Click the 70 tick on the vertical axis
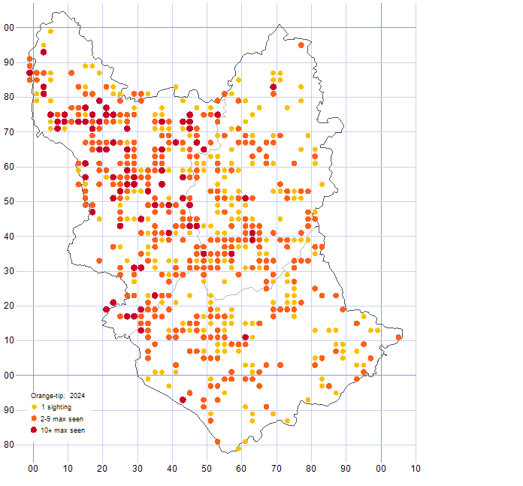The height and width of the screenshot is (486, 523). [10, 132]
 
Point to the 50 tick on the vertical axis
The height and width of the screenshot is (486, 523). [10, 201]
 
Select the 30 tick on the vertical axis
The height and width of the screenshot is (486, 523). [10, 271]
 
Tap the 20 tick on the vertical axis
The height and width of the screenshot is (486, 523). [10, 306]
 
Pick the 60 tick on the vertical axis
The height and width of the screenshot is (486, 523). [10, 167]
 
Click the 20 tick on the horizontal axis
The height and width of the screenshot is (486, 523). [102, 469]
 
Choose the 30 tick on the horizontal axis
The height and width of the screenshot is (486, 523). [137, 469]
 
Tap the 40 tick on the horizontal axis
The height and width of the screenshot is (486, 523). [172, 469]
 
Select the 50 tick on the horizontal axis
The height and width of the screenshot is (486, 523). [207, 469]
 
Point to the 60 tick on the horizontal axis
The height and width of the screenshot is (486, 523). [241, 469]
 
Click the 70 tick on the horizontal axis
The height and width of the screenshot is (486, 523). [277, 469]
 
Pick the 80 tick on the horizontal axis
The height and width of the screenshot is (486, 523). [311, 469]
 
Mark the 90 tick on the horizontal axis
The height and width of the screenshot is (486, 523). [346, 469]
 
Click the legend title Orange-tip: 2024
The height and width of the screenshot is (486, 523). [59, 395]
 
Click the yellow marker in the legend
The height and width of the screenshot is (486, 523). [34, 407]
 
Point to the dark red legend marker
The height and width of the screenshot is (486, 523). [34, 430]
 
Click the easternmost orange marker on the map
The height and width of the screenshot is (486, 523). [399, 337]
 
